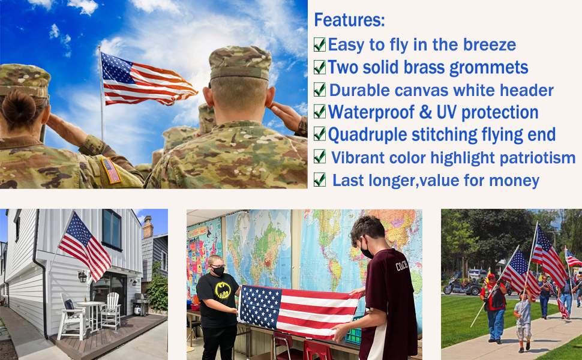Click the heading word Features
pos(349,20)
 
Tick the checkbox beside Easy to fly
pos(320,44)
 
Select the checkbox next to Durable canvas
pos(320,90)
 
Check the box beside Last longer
pos(320,179)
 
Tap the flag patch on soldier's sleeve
pos(112,170)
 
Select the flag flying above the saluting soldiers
pos(147,80)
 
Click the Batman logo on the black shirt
pos(223,290)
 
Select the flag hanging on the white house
pos(86,245)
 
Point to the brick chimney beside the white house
pos(148,227)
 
